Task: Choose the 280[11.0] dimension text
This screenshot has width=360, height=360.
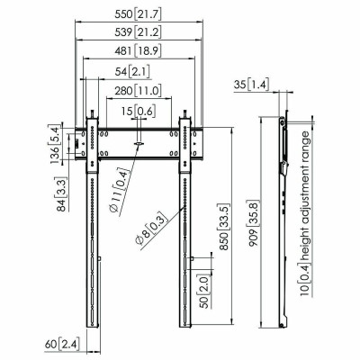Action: coord(139,91)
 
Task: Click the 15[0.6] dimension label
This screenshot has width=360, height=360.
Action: coord(139,110)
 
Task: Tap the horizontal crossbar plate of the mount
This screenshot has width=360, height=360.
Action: coord(139,143)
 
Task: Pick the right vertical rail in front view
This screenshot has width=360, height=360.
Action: coord(187,234)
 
